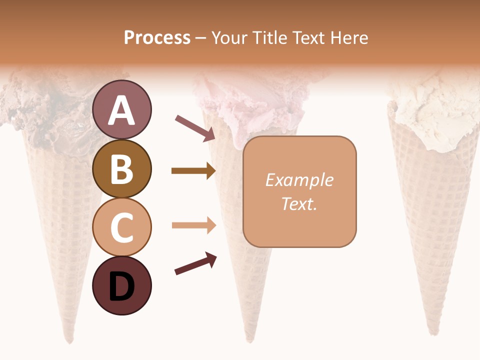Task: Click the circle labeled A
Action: [122, 109]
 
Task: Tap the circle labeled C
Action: [122, 227]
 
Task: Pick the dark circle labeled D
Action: [122, 285]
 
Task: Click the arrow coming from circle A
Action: [195, 127]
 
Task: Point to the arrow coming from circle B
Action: [193, 171]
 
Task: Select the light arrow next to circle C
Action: [193, 225]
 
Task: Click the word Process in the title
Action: [157, 38]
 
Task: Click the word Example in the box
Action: [299, 180]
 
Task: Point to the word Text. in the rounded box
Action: [299, 203]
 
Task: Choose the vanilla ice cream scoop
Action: [432, 112]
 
